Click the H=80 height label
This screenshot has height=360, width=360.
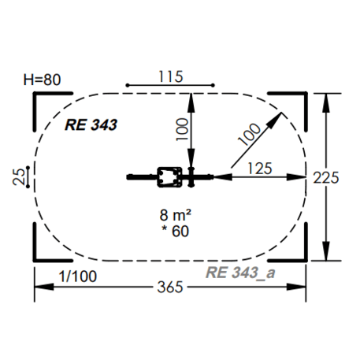point(42,80)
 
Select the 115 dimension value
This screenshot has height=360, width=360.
point(171,76)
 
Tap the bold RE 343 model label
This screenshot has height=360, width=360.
point(91,124)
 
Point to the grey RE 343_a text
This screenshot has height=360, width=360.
point(240,273)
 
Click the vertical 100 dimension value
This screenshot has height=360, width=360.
point(182,129)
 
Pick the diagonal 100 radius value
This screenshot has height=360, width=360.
point(249,134)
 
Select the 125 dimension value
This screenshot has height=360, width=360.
point(260,169)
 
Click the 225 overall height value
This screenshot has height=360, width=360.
point(326,178)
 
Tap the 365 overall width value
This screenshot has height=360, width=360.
point(170,287)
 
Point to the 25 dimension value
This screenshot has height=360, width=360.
point(19,176)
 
